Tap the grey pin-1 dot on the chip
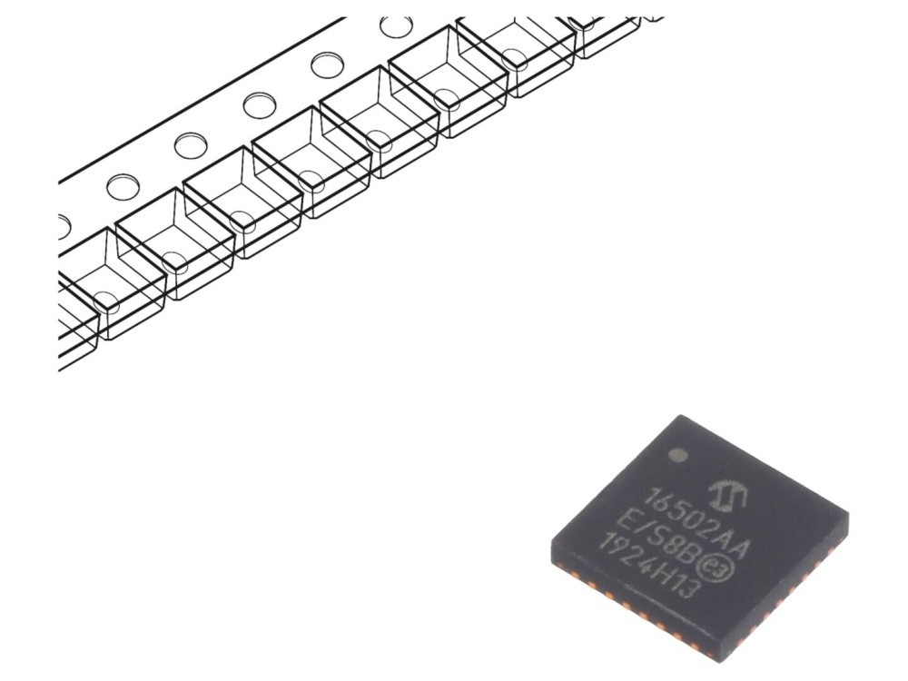[678, 456]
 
